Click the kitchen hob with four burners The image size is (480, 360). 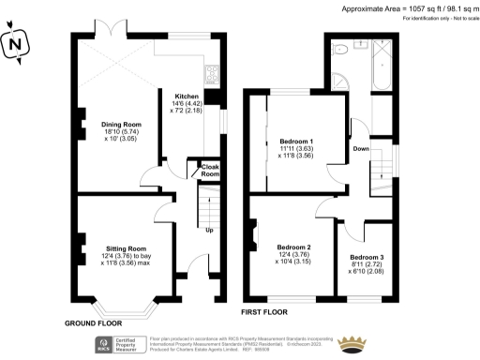coord(212,71)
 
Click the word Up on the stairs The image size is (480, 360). coord(208,231)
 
